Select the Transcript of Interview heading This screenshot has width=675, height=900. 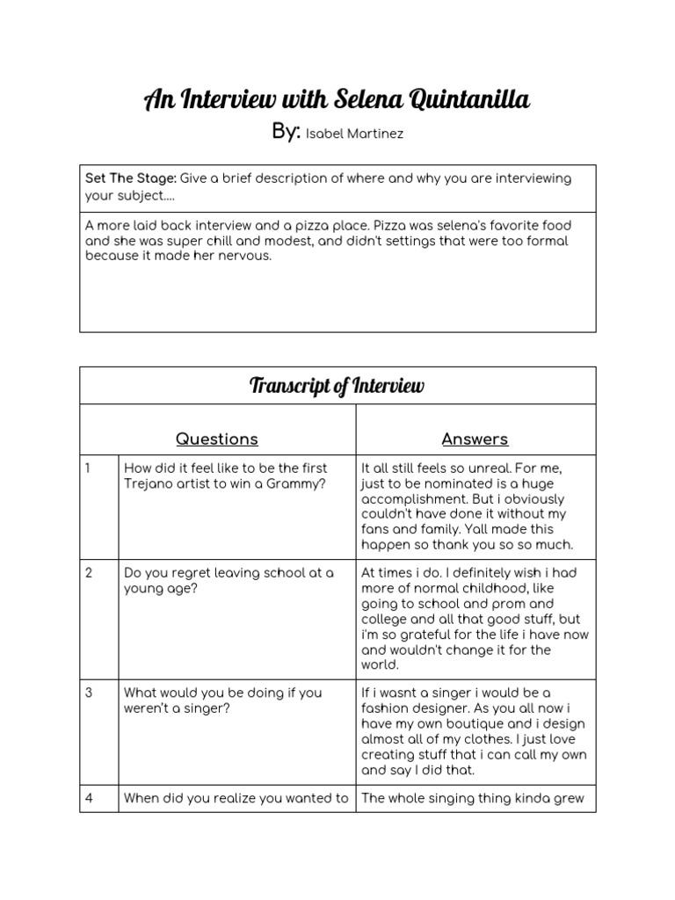pyautogui.click(x=337, y=386)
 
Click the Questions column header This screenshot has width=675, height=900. pyautogui.click(x=216, y=439)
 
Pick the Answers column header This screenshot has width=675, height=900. pyautogui.click(x=475, y=439)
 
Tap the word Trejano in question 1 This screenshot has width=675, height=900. pyautogui.click(x=149, y=484)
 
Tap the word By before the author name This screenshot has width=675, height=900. pyautogui.click(x=286, y=132)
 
